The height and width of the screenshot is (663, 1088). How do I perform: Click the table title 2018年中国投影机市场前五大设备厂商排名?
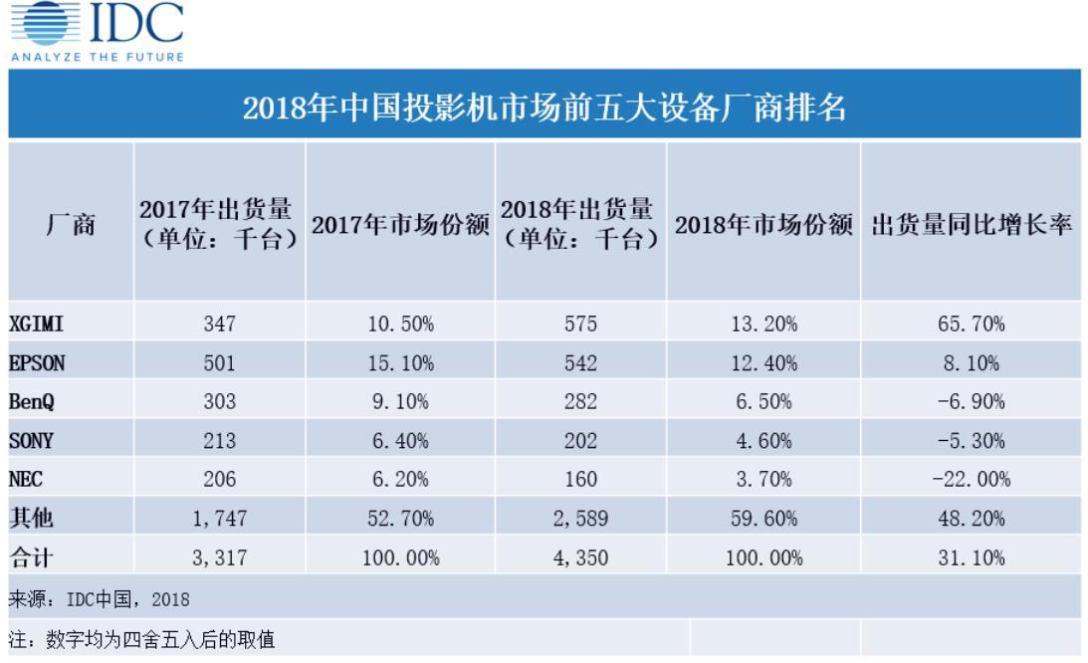click(x=544, y=106)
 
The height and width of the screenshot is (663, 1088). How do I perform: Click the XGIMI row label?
click(x=37, y=324)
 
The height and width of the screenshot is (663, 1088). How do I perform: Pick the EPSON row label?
click(x=37, y=363)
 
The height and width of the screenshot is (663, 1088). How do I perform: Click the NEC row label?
click(x=28, y=479)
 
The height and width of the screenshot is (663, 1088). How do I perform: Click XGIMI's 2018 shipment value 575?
click(x=580, y=324)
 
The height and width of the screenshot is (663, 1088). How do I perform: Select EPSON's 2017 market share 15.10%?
click(x=400, y=363)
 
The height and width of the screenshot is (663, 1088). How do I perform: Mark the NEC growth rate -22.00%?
click(x=971, y=479)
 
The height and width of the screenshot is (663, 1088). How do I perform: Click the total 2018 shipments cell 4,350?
click(x=580, y=556)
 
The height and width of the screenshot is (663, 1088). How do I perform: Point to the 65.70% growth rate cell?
click(x=971, y=324)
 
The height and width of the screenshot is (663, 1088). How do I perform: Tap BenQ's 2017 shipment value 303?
click(x=219, y=401)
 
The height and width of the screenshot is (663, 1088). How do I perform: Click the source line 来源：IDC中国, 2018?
click(x=100, y=598)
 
